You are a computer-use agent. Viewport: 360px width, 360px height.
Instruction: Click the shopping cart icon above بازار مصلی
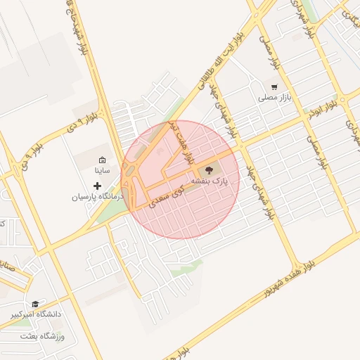(x=274, y=88)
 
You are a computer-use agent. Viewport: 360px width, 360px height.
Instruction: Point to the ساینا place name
(x=102, y=171)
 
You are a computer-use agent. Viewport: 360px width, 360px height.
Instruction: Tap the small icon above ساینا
(x=102, y=160)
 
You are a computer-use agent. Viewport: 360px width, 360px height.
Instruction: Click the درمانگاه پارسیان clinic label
(x=97, y=197)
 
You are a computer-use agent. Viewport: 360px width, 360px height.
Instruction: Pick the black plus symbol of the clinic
(x=97, y=186)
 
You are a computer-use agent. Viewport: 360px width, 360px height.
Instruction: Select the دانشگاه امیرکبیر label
(x=34, y=314)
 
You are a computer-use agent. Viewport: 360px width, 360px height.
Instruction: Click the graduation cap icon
(x=34, y=304)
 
